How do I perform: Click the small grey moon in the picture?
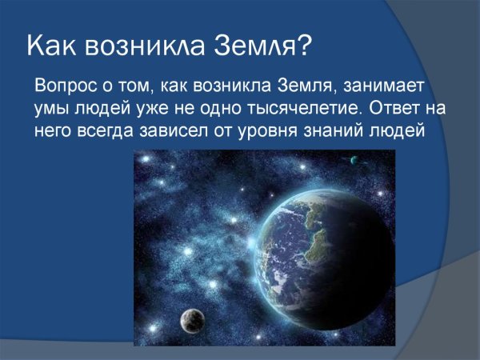click(x=190, y=319)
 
